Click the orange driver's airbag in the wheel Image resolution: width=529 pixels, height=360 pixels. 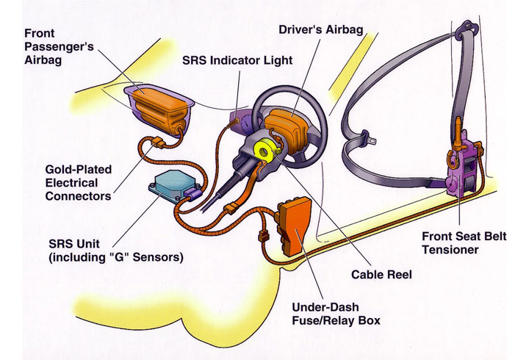click(287, 128)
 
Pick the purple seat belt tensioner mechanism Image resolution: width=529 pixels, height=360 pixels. click(463, 169)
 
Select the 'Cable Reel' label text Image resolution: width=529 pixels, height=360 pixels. click(381, 274)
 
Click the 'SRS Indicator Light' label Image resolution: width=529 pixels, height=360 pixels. click(237, 60)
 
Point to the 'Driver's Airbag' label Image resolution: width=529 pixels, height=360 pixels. click(321, 29)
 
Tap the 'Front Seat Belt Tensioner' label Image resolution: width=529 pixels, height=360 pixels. click(464, 243)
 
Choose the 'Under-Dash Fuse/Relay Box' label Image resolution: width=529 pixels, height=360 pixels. click(336, 314)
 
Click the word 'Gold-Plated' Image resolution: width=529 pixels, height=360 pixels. click(79, 170)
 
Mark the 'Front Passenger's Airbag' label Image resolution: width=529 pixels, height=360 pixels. click(59, 46)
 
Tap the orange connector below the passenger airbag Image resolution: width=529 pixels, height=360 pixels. click(158, 143)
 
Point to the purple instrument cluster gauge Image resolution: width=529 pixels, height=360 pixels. click(245, 120)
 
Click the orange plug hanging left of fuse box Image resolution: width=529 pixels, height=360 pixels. click(264, 235)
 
